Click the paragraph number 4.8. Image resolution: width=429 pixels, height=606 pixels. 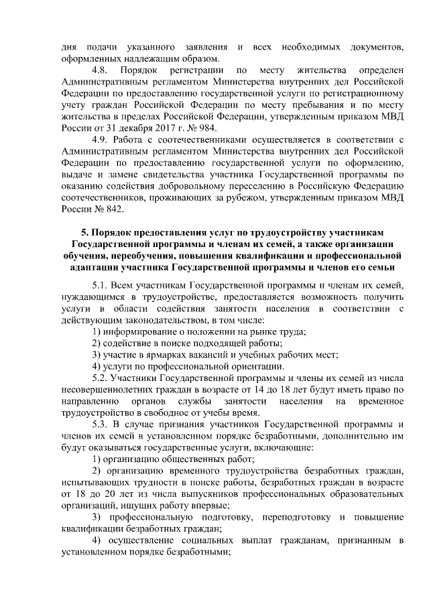coord(101,70)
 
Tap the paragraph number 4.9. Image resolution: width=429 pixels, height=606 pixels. coord(101,139)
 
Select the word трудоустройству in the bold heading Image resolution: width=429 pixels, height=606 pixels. coord(271,232)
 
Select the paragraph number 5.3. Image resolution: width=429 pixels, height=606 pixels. coord(101,424)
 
